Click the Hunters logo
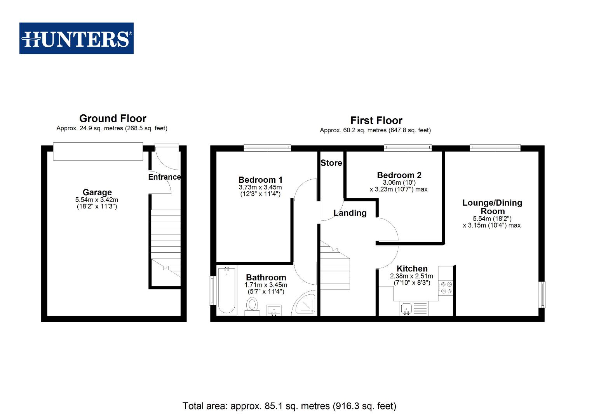point(77,38)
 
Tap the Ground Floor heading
point(113,119)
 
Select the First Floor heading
point(376,121)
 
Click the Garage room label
point(97,192)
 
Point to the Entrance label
point(164,177)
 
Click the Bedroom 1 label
point(260,180)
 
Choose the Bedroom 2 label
point(399,175)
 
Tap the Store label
point(331,163)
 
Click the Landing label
point(350,213)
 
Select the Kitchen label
point(412,269)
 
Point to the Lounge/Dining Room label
point(492,207)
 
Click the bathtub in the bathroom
point(226,290)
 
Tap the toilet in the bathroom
point(253,305)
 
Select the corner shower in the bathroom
point(306,303)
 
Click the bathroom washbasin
point(274,310)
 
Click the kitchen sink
point(406,309)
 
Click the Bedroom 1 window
point(267,148)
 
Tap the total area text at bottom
point(289,406)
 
